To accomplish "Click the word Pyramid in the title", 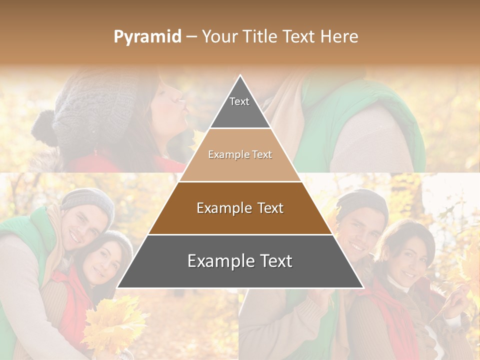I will point(147,37).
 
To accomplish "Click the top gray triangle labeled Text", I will point(239,107).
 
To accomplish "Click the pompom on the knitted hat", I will point(44,127).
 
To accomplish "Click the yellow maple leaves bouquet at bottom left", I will point(112,325).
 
